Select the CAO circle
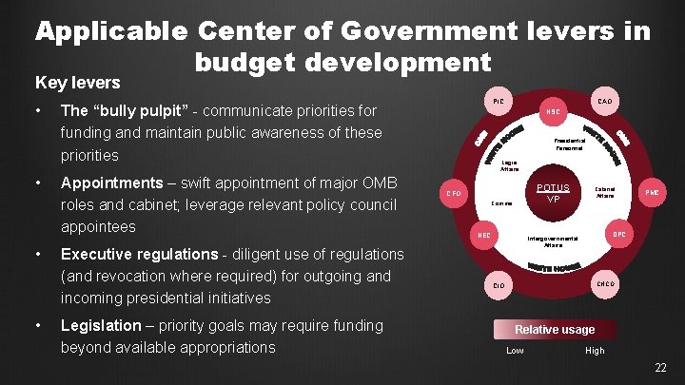[x=604, y=100]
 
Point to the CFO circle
[x=455, y=194]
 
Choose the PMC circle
[x=653, y=193]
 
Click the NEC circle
[x=483, y=234]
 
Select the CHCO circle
[x=604, y=284]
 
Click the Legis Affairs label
[x=509, y=165]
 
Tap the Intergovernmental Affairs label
[x=553, y=241]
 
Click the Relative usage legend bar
[x=554, y=330]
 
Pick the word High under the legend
[x=595, y=351]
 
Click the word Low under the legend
[x=515, y=351]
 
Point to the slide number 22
[x=660, y=368]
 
